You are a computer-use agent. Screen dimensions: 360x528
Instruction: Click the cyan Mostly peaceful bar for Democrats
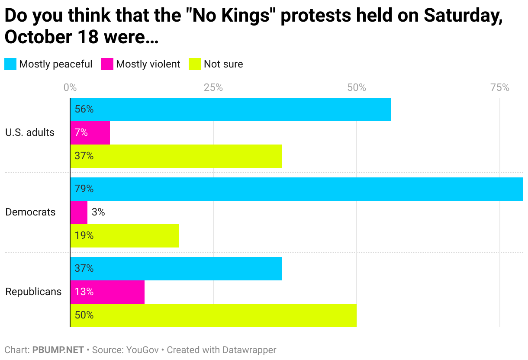[296, 189]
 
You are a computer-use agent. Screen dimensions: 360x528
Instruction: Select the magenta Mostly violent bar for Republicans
[107, 292]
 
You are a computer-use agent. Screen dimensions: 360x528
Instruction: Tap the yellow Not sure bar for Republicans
[213, 315]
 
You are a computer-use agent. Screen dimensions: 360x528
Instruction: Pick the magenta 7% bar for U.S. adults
[90, 132]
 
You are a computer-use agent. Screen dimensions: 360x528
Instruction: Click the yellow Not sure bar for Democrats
[125, 236]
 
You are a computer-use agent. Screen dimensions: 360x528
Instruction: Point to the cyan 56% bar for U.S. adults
[231, 109]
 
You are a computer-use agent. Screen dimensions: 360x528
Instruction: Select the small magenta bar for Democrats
[79, 212]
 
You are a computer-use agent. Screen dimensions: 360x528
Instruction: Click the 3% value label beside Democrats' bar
[98, 212]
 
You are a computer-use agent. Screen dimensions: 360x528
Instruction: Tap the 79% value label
[84, 189]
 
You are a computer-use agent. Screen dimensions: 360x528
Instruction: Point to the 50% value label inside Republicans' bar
[84, 315]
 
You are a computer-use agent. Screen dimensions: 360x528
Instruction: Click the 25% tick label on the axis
[213, 88]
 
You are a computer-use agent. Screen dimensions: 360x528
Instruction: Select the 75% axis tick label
[499, 88]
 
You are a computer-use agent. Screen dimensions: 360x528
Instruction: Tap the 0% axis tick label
[70, 88]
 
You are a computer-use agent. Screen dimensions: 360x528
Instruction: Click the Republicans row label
[33, 292]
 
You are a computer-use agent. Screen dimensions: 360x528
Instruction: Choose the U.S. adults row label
[30, 132]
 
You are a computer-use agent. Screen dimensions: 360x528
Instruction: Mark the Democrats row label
[30, 212]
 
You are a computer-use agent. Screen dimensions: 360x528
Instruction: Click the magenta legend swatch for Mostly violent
[107, 64]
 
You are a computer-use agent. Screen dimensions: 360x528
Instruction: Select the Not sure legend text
[223, 64]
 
